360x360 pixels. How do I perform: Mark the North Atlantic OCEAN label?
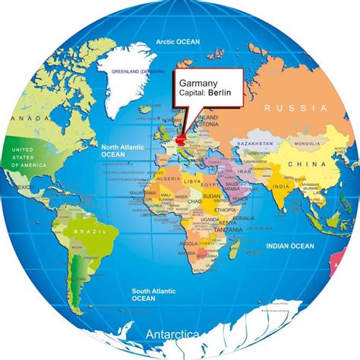[x=122, y=150]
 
